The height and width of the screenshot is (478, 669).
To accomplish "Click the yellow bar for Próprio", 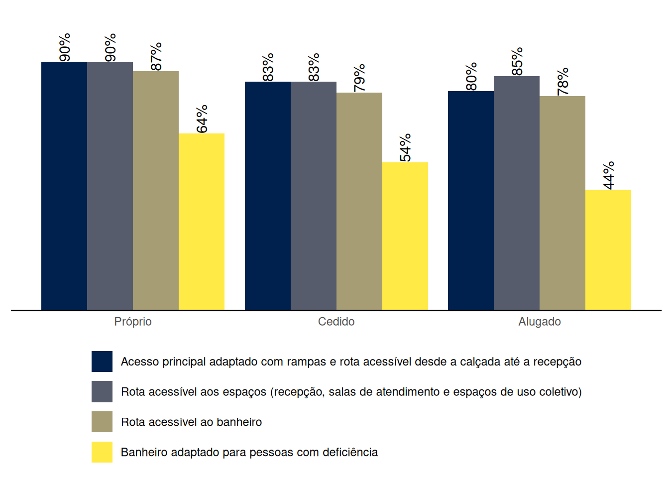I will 202,222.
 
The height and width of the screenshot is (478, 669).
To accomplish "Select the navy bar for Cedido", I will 268,196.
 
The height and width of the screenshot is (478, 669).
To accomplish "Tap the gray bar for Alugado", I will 517,193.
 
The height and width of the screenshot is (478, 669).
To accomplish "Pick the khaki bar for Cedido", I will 359,201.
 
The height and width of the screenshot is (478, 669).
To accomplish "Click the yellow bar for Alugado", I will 608,250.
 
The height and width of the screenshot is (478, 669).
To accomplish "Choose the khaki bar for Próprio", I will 156,191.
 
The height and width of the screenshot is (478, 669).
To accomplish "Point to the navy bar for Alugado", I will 471,201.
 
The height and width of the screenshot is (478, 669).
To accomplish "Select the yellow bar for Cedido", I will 405,236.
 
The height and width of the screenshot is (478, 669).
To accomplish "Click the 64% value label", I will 202,119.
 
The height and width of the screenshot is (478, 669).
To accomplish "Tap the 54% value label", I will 405,147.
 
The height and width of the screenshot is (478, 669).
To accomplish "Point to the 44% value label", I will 608,176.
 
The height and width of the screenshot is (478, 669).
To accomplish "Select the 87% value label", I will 156,56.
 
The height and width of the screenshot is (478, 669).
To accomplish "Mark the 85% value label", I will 517,61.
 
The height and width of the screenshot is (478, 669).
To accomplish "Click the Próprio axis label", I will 133,322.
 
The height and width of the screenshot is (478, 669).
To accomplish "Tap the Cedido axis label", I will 336,322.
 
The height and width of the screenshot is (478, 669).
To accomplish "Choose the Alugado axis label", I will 540,322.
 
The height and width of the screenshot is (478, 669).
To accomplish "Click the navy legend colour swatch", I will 102,361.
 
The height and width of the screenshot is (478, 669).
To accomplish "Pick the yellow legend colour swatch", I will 102,452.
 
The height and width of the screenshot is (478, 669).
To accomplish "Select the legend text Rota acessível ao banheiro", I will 192,422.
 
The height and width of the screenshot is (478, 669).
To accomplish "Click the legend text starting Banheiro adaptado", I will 249,452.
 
